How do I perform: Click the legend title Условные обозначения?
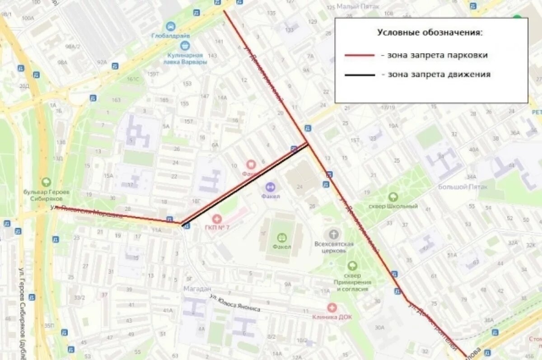coord(430,33)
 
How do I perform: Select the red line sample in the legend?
coord(360,55)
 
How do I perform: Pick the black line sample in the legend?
coord(360,75)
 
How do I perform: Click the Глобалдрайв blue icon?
coord(170,26)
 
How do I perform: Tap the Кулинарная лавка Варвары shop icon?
coord(184,45)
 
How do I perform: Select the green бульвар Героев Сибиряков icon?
coord(46,182)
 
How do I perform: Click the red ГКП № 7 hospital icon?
coord(217,219)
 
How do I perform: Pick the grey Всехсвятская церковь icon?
coord(333,234)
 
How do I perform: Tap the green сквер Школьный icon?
coord(393,197)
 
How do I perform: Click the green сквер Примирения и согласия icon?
coord(352,266)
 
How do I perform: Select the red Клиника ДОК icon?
coord(332,308)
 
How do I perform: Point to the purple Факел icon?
coord(271,187)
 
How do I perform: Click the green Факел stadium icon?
coord(282,238)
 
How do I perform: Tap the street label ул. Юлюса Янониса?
coord(235,303)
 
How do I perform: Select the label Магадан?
coord(197,289)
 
